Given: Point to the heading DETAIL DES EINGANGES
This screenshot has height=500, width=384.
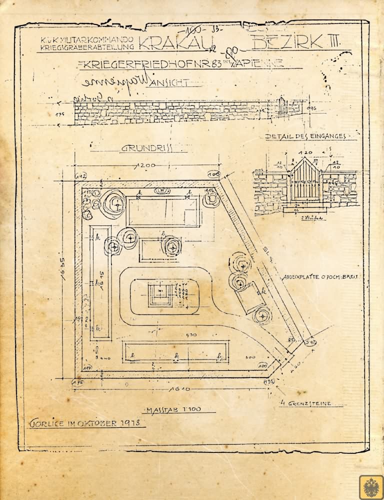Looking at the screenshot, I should click(x=305, y=136).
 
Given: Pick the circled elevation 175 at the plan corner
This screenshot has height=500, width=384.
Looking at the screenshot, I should click(x=77, y=382).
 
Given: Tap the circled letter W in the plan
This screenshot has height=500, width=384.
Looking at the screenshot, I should click(x=163, y=190).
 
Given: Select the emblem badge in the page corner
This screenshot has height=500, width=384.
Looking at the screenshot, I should click(x=370, y=486).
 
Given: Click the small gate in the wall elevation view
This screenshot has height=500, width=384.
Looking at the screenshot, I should click(x=282, y=105).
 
